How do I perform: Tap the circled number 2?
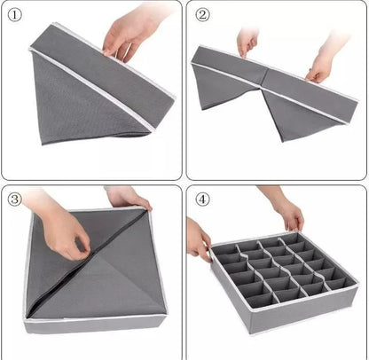pyautogui.click(x=203, y=15)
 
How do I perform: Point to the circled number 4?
pyautogui.click(x=203, y=199)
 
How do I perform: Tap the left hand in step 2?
pyautogui.click(x=247, y=41)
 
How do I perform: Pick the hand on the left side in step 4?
pyautogui.click(x=198, y=239)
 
